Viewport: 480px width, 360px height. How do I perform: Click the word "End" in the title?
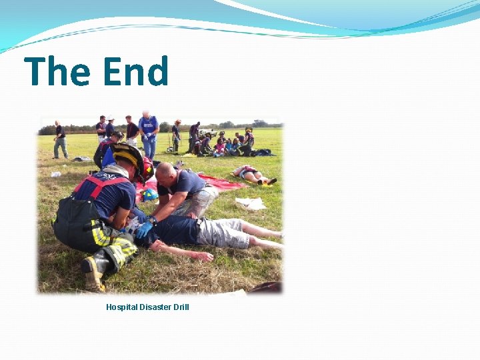[x=135, y=72]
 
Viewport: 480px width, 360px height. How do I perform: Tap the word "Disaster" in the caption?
[x=155, y=307]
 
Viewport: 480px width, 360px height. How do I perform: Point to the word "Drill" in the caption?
[x=181, y=307]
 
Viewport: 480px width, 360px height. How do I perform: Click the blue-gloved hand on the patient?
[x=144, y=229]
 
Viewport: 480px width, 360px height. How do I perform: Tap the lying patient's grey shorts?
[x=223, y=233]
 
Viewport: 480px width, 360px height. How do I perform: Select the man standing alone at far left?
[x=60, y=139]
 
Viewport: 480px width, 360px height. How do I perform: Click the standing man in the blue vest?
[x=148, y=133]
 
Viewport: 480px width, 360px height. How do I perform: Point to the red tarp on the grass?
[x=220, y=182]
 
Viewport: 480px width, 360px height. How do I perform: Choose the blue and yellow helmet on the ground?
[x=149, y=195]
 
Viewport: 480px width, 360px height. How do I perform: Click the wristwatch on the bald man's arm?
[x=153, y=219]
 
